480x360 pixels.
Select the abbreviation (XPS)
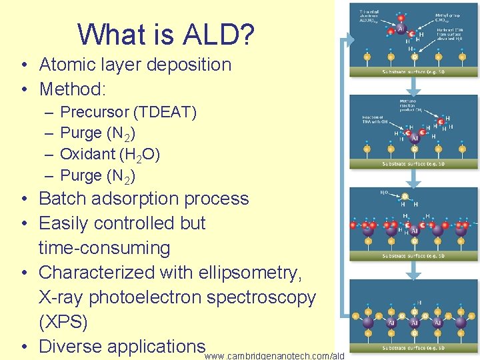coord(63,322)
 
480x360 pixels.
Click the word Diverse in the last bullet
coord(71,347)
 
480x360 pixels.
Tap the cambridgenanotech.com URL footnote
coord(274,356)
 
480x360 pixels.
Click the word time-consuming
coord(105,248)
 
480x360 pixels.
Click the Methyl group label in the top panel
coord(445,14)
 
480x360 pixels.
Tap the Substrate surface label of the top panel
coord(413,72)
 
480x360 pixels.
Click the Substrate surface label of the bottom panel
coord(413,347)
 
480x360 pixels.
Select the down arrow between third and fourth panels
coord(413,269)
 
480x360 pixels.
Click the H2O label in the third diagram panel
coord(385,193)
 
